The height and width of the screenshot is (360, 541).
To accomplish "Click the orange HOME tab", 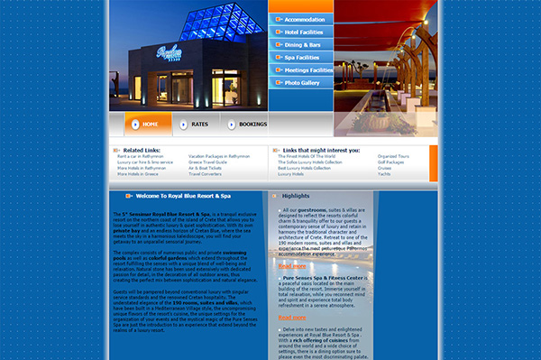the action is point(147,124).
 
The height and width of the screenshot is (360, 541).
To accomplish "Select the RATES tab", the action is point(197,124).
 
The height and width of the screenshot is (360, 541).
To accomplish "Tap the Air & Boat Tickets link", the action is point(207,167).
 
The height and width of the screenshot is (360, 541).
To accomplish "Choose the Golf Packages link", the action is point(391,162).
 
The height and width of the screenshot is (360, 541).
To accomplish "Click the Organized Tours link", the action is point(393,156).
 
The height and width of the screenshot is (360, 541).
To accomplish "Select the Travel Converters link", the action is point(207,173).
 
